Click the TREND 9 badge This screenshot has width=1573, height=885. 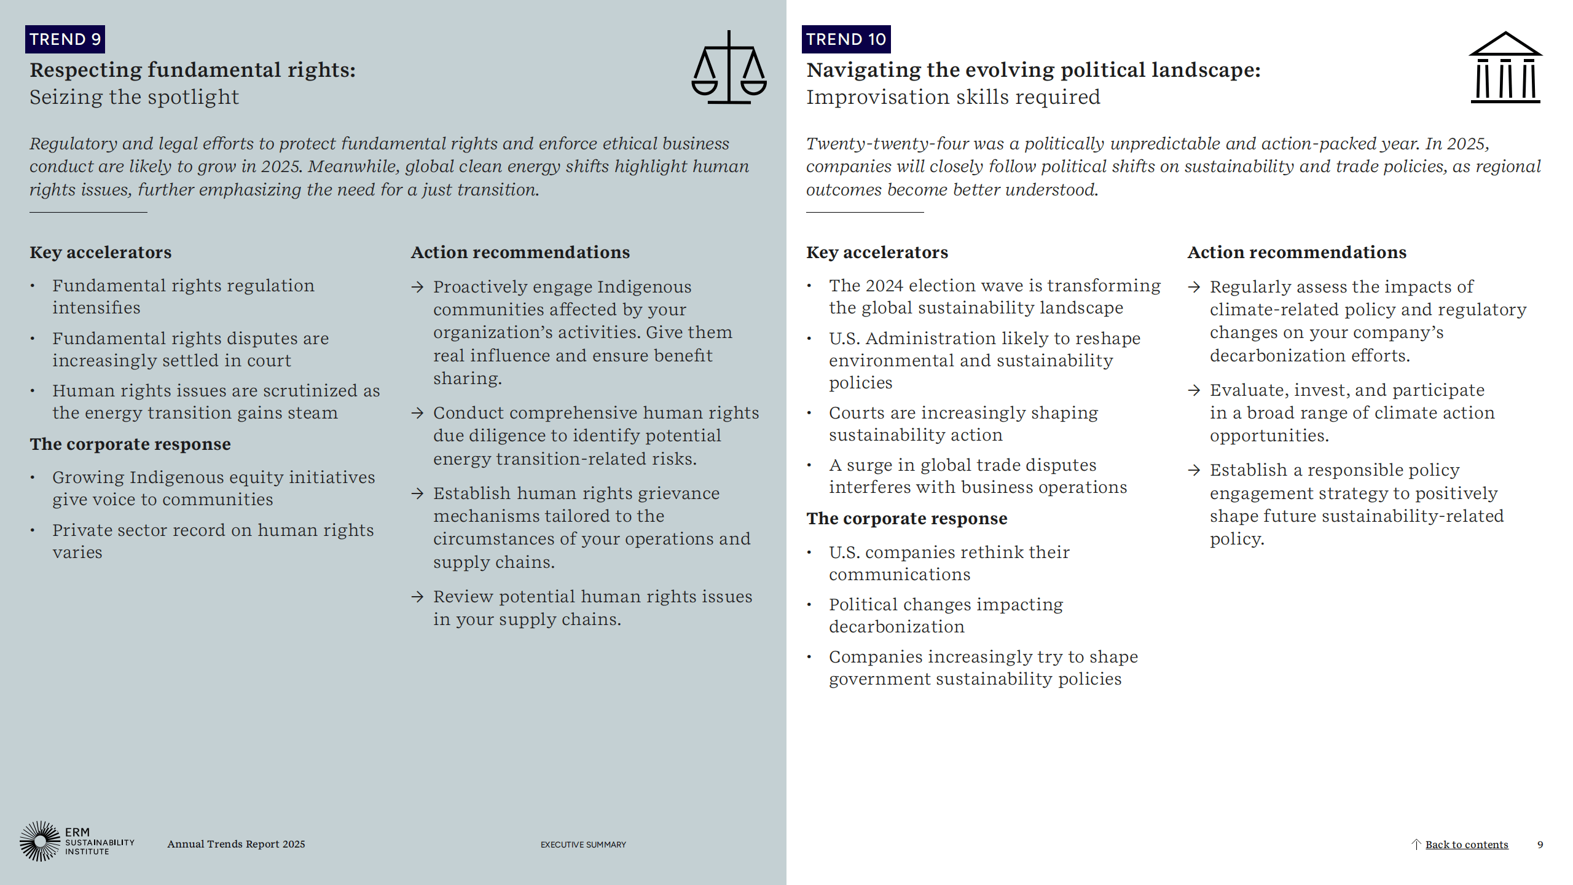click(65, 39)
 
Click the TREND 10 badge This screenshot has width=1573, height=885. click(845, 39)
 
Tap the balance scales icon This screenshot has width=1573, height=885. click(729, 68)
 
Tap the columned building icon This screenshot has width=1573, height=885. click(1505, 68)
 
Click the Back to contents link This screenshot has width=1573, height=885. click(1466, 844)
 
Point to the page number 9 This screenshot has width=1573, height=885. click(1540, 844)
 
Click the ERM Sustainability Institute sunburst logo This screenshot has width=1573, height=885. click(41, 841)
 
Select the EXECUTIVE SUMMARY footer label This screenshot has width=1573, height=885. click(583, 844)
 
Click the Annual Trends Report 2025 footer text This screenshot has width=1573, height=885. click(236, 844)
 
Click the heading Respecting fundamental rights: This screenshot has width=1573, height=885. click(192, 70)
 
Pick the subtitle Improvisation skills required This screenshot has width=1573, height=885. click(953, 97)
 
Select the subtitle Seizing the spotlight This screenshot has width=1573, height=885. click(134, 97)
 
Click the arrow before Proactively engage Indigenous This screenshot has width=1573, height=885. click(418, 287)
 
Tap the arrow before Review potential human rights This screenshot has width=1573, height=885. click(418, 597)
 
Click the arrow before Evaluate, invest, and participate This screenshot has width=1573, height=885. click(1194, 390)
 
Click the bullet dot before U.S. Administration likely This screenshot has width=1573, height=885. click(810, 339)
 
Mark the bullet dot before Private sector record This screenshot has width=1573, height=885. click(33, 530)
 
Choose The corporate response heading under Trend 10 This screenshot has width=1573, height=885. click(906, 519)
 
